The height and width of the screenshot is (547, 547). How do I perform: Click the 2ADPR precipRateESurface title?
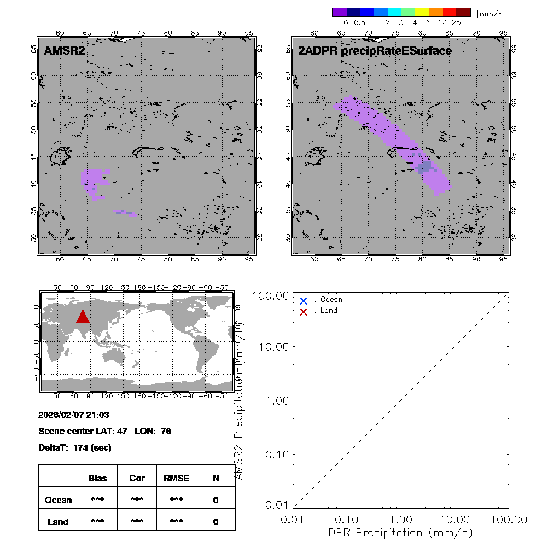(375, 51)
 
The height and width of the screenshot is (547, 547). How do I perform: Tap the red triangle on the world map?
(83, 317)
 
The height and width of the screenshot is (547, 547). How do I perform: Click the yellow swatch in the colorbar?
(423, 12)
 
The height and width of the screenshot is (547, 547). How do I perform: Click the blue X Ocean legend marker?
(304, 300)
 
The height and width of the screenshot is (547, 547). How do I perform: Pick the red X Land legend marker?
(304, 311)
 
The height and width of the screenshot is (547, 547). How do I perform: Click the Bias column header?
(97, 478)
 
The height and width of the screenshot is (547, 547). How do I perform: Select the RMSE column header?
(176, 478)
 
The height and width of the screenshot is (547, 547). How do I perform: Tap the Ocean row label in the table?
(58, 500)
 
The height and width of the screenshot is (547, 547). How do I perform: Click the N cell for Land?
(216, 522)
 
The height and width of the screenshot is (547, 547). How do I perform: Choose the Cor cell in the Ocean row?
(137, 500)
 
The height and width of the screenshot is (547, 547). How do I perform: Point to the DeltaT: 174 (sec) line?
(75, 447)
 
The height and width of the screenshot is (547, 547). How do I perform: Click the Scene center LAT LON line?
(104, 431)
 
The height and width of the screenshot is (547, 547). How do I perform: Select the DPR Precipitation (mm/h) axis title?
(401, 532)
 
